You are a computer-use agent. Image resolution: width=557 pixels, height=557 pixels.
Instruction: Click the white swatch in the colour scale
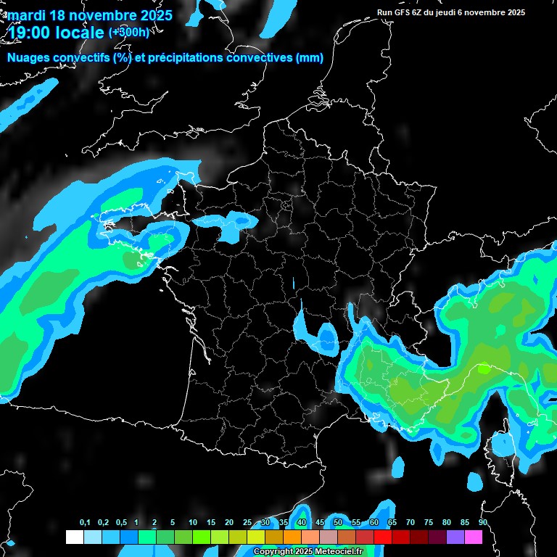(75, 537)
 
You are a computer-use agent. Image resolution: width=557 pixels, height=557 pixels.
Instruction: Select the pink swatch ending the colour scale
(474, 537)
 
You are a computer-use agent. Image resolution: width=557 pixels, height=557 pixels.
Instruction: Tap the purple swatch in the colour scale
(455, 537)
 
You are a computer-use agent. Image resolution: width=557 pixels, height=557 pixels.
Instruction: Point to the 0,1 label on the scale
(84, 523)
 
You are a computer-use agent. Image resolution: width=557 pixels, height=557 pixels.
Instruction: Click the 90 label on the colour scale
(482, 523)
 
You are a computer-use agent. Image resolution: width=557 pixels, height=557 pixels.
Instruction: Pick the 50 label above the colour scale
(337, 523)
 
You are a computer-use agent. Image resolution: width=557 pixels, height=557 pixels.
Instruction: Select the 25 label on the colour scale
(247, 523)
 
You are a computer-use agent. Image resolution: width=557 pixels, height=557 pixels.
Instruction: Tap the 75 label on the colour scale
(428, 523)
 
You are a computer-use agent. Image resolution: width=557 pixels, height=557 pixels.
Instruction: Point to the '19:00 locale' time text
(56, 32)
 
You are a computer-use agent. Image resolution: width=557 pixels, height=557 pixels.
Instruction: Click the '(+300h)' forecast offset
(129, 32)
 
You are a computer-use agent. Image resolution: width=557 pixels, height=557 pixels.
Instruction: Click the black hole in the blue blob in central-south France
(327, 336)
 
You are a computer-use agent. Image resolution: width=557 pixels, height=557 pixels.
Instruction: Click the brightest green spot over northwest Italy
(484, 368)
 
